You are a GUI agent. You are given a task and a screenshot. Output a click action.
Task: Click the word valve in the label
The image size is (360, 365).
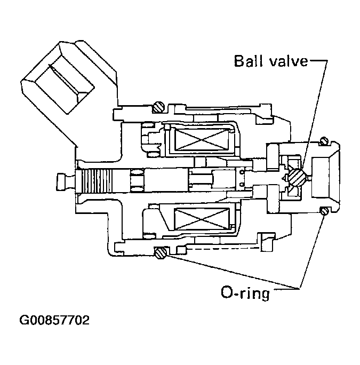point(290,61)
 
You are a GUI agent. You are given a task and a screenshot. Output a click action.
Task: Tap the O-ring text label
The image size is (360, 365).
point(245,293)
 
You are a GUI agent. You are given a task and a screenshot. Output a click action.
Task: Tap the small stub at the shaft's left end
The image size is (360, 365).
point(63,180)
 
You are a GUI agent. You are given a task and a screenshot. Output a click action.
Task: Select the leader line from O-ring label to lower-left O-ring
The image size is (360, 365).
point(229,271)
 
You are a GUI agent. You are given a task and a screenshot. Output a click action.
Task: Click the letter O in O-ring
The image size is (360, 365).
point(226,293)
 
